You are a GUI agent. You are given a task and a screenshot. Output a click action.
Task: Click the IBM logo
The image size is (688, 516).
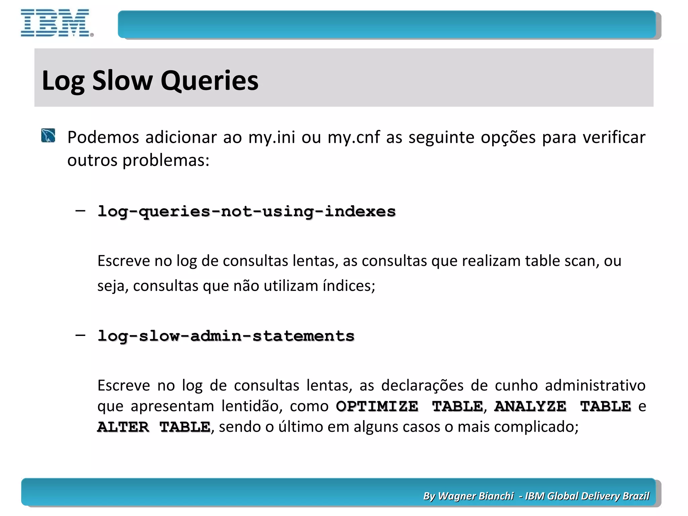coord(56,23)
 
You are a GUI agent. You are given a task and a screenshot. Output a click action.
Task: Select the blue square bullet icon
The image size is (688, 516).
coord(48,135)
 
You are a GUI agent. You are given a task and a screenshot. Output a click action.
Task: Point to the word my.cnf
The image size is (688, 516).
coord(354,137)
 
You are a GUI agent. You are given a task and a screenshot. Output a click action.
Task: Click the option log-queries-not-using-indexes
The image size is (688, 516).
coord(247,211)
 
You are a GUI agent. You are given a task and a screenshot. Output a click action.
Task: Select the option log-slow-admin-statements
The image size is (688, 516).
coord(226,336)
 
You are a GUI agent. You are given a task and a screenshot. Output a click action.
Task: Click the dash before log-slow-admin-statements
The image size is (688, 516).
coord(80,335)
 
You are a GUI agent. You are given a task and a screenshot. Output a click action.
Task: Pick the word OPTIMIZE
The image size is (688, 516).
coord(377,406)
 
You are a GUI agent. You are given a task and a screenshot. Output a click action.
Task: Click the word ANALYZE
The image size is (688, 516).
coord(530,406)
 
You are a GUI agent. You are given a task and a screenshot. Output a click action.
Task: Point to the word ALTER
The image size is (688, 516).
coord(123,427)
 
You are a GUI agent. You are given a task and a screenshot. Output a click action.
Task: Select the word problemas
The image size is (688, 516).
coord(166,160)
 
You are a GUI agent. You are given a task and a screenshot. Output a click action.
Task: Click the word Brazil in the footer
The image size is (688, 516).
coord(636,496)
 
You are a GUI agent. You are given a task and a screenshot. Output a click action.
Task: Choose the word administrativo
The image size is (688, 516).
coord(595,385)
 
